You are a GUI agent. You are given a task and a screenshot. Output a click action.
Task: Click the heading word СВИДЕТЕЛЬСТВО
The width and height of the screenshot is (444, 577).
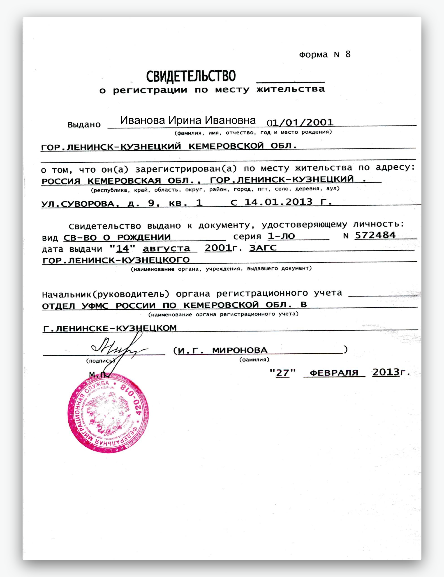[191, 76]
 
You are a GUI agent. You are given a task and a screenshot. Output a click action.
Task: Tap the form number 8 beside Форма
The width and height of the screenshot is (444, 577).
[348, 54]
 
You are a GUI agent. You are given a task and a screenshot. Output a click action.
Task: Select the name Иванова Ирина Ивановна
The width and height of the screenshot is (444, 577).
[188, 120]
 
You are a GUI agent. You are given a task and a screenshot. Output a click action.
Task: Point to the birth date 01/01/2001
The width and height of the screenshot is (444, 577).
[300, 123]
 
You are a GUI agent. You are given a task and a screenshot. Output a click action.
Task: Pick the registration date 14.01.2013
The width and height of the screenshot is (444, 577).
[278, 202]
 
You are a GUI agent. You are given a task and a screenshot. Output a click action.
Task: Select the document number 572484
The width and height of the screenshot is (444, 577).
[375, 235]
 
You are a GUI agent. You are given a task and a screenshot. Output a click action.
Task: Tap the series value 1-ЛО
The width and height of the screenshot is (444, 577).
[281, 236]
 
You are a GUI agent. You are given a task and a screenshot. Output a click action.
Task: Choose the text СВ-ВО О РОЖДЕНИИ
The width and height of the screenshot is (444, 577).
[117, 237]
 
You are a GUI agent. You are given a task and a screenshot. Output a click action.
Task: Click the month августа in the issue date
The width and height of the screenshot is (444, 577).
[166, 248]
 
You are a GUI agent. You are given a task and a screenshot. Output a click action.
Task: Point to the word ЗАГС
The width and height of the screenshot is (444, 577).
[263, 248]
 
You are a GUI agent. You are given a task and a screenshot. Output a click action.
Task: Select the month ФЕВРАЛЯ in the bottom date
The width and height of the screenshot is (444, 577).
[334, 373]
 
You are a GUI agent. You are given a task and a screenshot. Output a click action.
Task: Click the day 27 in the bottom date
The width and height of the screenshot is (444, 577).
[283, 373]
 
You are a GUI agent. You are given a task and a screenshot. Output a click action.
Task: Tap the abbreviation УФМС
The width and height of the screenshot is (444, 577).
[95, 306]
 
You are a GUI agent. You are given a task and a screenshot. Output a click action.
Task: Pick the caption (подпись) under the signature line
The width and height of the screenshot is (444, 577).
[100, 361]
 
